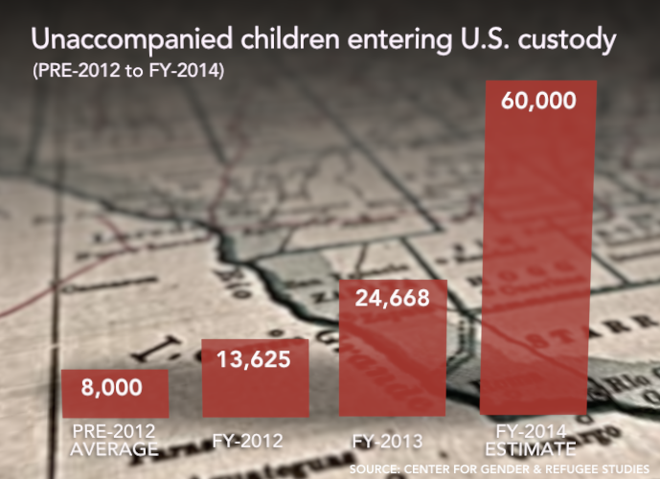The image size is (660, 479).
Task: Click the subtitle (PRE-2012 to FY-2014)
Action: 128,72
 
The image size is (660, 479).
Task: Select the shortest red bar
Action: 115,393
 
